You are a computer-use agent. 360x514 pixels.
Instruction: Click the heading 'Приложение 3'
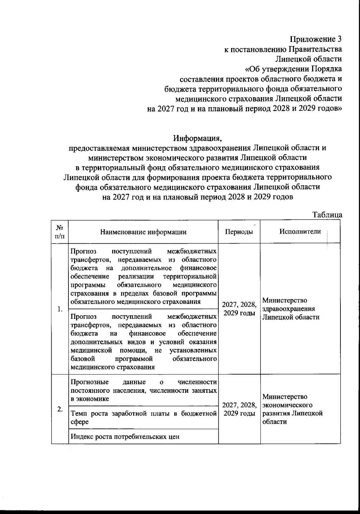click(x=316, y=39)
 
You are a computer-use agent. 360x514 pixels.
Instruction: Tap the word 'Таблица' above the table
click(x=327, y=215)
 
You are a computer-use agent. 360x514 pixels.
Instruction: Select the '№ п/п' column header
click(x=60, y=232)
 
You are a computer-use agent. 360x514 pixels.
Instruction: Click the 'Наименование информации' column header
click(x=143, y=232)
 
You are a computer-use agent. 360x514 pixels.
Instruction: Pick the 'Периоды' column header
click(x=239, y=232)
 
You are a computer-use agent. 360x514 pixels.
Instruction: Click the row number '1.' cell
click(x=60, y=309)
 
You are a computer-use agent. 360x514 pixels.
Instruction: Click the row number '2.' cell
click(x=60, y=409)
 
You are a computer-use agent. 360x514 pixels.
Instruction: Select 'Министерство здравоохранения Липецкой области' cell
click(x=291, y=309)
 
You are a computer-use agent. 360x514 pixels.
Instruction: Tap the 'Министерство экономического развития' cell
click(x=292, y=409)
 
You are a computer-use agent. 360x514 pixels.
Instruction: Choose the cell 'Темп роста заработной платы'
click(x=143, y=417)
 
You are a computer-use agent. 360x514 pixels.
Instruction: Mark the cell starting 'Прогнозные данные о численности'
click(x=143, y=390)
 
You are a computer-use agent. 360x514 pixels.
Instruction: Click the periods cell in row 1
click(x=239, y=309)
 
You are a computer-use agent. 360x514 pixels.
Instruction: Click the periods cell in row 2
click(x=239, y=409)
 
